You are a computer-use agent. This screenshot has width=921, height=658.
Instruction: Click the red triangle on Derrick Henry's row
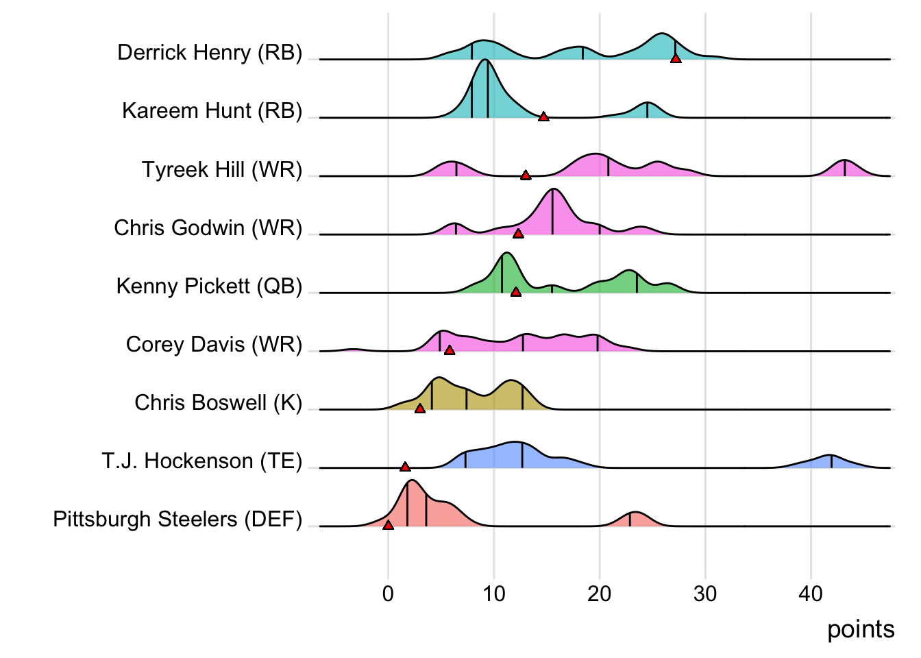click(x=676, y=59)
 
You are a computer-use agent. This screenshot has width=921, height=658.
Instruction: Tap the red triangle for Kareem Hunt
click(x=543, y=117)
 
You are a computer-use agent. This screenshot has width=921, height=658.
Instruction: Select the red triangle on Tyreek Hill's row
click(x=526, y=175)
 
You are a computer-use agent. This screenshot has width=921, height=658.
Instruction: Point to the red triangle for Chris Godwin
click(x=518, y=234)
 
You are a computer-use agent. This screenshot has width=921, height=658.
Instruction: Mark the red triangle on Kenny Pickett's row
click(x=516, y=292)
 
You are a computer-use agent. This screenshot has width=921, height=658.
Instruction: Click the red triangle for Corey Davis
click(x=450, y=350)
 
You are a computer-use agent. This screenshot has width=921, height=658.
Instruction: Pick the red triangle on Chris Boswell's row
click(x=420, y=409)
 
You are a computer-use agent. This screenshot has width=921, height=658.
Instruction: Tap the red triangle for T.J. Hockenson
click(x=405, y=467)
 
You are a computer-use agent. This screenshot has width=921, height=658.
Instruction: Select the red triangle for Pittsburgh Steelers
click(x=388, y=525)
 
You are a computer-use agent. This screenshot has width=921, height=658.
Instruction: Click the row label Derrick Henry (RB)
click(x=210, y=53)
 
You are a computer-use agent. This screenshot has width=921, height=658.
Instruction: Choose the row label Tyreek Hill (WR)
click(x=222, y=169)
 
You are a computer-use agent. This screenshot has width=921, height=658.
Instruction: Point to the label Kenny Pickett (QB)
click(x=209, y=286)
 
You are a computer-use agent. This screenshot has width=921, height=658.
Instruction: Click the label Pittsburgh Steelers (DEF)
click(x=177, y=519)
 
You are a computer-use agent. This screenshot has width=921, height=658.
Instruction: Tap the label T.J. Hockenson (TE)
click(x=202, y=461)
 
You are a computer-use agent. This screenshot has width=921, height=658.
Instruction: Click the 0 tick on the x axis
click(x=388, y=594)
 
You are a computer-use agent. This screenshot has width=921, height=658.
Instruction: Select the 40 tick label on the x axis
click(x=811, y=594)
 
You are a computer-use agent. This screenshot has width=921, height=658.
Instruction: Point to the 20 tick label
click(x=599, y=594)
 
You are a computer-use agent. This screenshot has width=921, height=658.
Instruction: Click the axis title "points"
click(x=861, y=629)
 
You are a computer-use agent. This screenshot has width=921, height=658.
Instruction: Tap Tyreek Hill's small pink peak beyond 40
click(x=844, y=169)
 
